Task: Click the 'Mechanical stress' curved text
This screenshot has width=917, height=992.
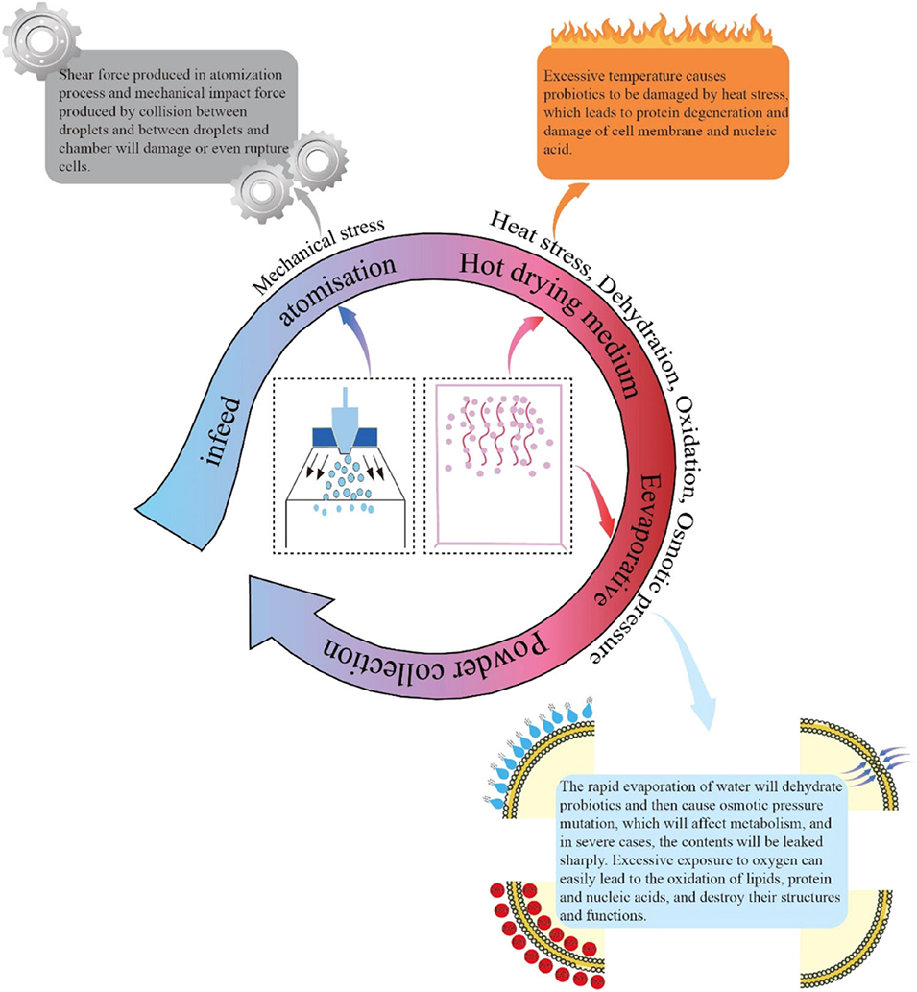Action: [x=318, y=251]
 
